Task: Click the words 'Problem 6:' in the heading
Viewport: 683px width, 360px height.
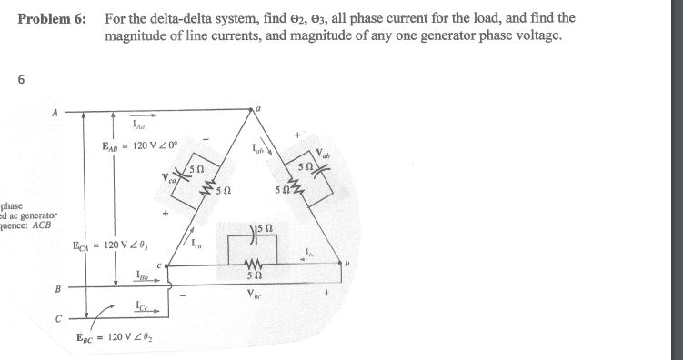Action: pos(50,19)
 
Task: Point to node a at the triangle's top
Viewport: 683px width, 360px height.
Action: pos(258,107)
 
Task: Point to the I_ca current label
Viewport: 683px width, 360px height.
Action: pos(197,239)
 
